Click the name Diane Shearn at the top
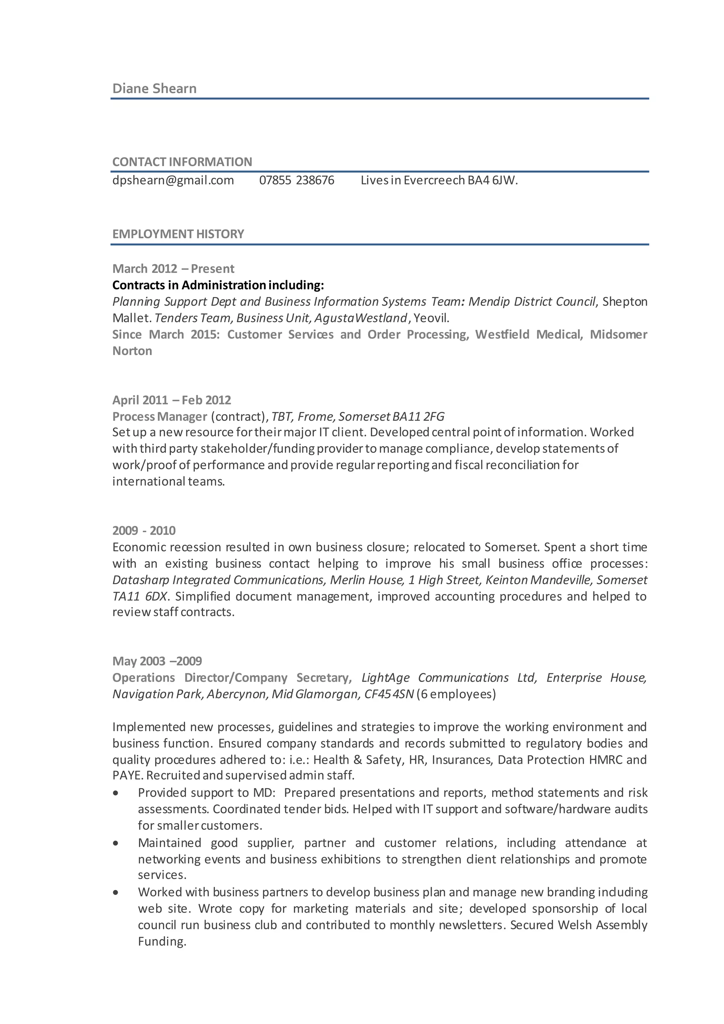(154, 88)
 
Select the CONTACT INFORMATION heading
(182, 162)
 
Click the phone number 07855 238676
(297, 180)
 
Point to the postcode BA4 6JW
(492, 180)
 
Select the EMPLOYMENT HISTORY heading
(178, 234)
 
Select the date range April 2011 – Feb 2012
(172, 400)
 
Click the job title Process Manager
(159, 416)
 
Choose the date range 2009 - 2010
(144, 530)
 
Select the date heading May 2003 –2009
(157, 661)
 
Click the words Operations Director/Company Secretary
(231, 677)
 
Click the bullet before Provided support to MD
(116, 793)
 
